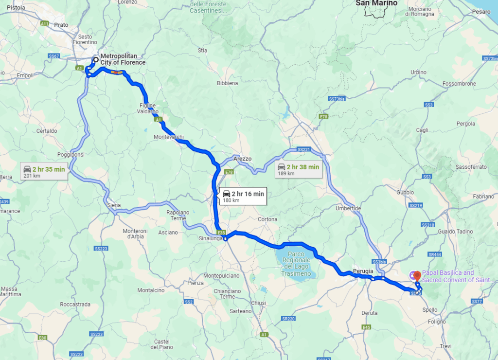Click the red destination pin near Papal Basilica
417,275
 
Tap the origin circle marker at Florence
96,60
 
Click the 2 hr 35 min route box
44,171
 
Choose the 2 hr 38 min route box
298,169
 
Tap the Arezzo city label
242,159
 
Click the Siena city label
113,205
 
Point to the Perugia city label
363,271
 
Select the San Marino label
376,3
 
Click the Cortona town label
267,219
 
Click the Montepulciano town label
221,276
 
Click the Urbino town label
418,72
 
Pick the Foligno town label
437,322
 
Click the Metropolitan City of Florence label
123,59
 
